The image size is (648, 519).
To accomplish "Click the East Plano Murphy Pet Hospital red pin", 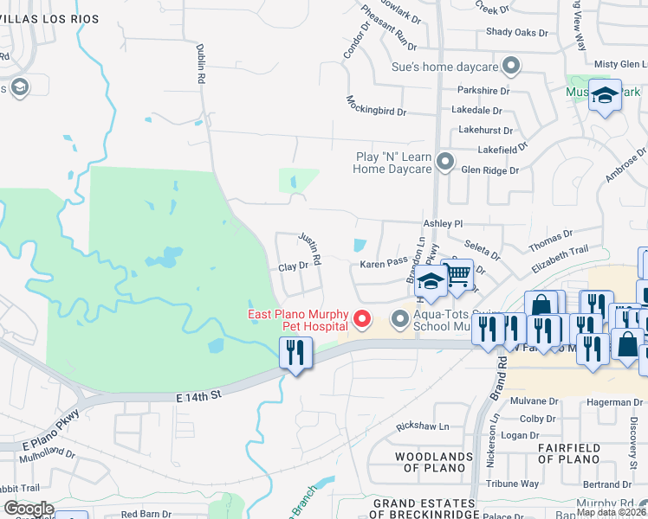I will coord(365,320).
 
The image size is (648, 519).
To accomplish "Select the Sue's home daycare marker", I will coord(511,66).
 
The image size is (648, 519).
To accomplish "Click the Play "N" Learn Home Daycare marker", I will coord(445,162).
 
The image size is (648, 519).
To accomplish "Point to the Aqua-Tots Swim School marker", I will coord(400,320).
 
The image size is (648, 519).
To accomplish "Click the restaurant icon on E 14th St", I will coord(295,354).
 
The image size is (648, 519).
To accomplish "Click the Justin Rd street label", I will coord(310,248).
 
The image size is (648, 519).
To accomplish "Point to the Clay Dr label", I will coord(293,266).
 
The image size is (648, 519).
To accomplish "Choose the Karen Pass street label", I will coord(384,261).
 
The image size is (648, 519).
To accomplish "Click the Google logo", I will coord(29,509).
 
